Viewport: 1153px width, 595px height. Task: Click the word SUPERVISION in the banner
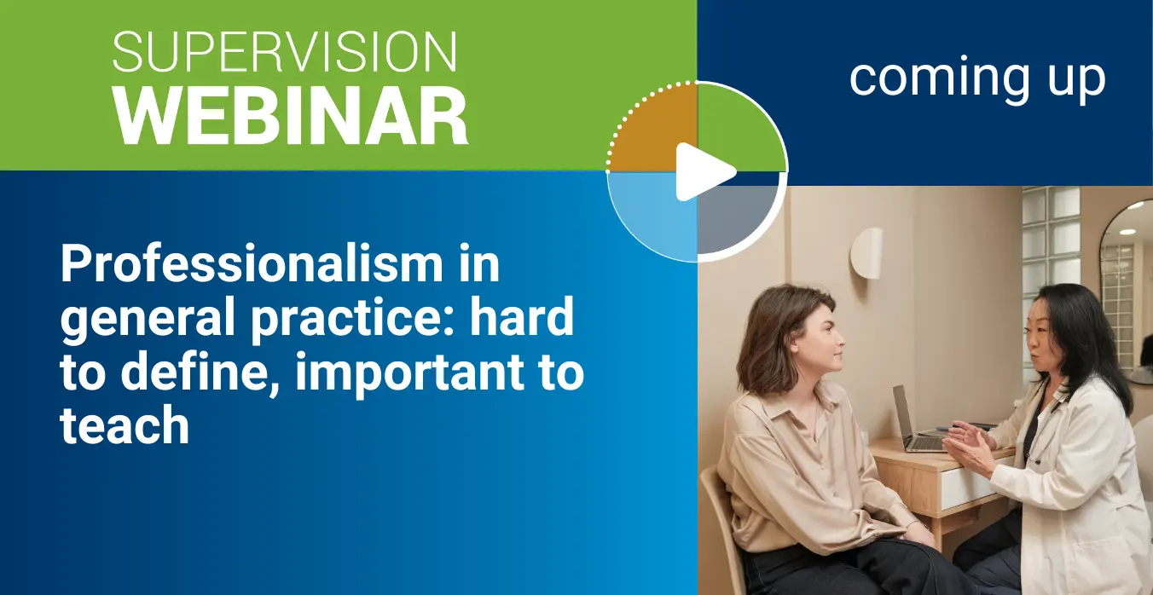(284, 51)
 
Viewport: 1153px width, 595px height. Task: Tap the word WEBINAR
(291, 116)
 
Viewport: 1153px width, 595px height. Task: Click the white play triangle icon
(704, 172)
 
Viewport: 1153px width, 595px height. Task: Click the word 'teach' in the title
(125, 425)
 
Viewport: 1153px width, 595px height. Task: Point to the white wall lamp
(866, 253)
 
